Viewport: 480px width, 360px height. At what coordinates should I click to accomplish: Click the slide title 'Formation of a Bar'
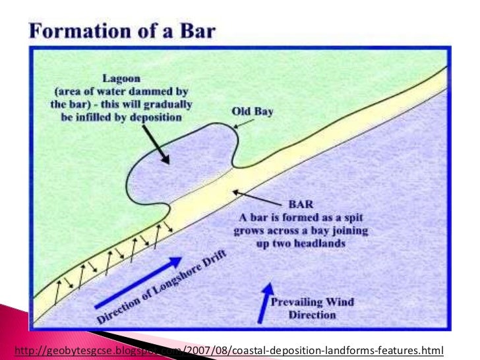click(125, 31)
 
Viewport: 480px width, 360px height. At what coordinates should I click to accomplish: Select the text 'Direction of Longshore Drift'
click(172, 285)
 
